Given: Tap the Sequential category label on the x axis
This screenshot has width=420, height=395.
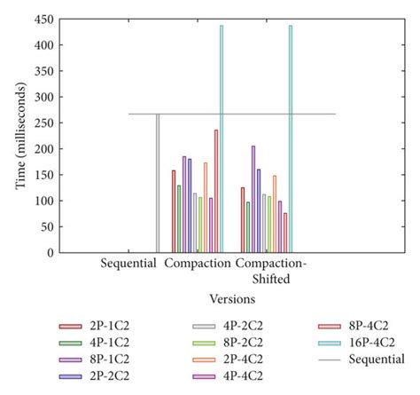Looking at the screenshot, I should point(128,264).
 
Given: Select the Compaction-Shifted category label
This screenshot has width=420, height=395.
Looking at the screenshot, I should point(276,270).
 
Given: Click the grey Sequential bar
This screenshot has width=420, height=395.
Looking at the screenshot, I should point(158,183).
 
